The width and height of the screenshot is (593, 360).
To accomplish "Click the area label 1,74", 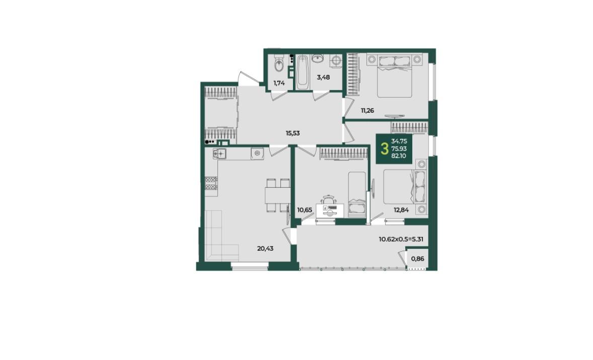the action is (x=279, y=83).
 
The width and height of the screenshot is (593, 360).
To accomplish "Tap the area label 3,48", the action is (x=323, y=77).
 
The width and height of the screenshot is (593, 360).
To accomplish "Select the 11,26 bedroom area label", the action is (x=367, y=110).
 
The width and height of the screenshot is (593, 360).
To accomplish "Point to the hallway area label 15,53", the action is (x=292, y=133).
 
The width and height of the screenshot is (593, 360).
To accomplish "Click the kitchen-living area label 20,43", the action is (x=265, y=248).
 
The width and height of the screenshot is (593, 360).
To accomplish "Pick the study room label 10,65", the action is (x=305, y=209).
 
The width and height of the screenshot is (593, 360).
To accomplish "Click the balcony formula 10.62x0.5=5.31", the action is (x=401, y=239).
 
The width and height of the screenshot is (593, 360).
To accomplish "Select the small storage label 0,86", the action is (x=417, y=259).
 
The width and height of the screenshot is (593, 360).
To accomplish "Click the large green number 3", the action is (x=385, y=149).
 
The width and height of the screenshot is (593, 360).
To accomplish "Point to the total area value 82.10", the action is (x=399, y=156).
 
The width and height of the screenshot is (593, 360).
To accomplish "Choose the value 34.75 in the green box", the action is (x=399, y=141).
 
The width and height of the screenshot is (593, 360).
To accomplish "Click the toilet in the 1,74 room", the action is (x=279, y=64).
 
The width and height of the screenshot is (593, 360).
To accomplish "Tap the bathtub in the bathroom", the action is (x=303, y=72).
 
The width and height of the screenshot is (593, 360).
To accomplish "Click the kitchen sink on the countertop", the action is (x=219, y=154).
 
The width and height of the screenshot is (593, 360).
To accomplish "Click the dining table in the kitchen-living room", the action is (x=277, y=195).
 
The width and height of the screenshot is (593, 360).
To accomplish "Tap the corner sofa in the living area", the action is (x=221, y=235).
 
